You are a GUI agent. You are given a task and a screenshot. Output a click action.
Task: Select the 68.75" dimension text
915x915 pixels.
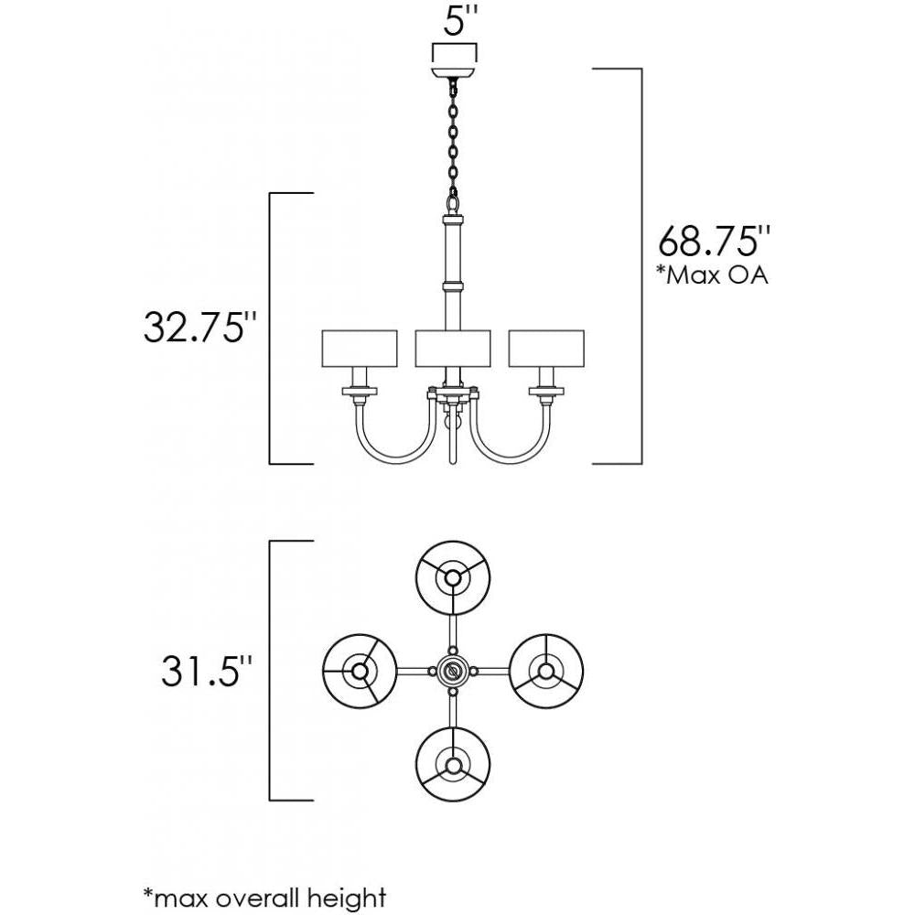(709, 242)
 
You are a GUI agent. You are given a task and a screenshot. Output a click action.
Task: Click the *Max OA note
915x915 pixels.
(712, 275)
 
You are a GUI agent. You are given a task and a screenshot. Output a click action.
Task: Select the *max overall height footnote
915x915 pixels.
(264, 897)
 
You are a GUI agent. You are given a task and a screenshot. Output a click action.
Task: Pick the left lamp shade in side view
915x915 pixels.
(359, 348)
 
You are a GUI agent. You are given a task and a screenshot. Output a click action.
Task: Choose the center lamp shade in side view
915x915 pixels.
(453, 348)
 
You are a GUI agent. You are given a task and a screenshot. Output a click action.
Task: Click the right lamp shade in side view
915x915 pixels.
(547, 348)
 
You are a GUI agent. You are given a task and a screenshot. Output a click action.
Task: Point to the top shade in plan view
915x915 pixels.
(453, 577)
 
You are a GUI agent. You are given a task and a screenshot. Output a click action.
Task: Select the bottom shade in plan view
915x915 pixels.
(453, 765)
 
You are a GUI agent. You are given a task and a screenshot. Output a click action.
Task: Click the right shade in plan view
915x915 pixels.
(546, 671)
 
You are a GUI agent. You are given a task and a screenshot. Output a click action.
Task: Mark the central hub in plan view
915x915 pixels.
(453, 671)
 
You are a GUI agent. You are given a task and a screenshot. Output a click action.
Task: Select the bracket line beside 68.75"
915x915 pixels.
(640, 265)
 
